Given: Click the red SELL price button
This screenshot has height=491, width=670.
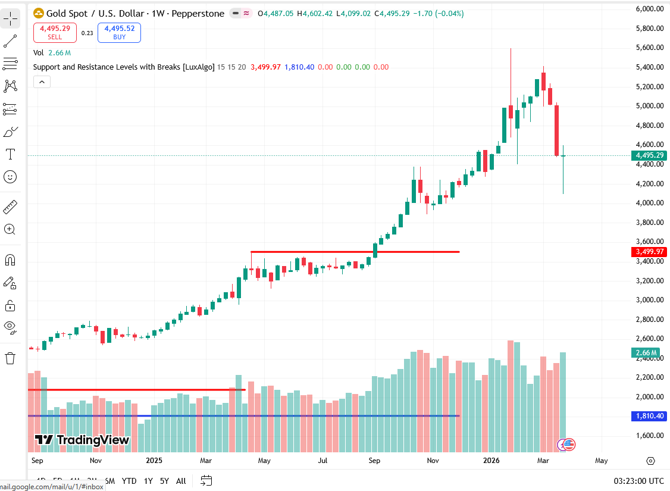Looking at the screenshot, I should pyautogui.click(x=55, y=32).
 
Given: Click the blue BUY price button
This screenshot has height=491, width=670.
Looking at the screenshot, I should pyautogui.click(x=119, y=32).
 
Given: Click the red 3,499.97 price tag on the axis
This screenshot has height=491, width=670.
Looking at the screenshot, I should pyautogui.click(x=649, y=252).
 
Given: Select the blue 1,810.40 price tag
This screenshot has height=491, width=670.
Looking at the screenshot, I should pyautogui.click(x=649, y=416).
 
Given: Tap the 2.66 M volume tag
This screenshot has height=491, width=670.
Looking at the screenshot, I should pyautogui.click(x=646, y=353).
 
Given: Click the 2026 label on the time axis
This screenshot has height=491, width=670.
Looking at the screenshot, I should pyautogui.click(x=491, y=461).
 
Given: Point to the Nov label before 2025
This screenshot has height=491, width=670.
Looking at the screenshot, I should pyautogui.click(x=96, y=461).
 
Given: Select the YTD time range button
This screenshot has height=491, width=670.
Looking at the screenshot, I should pyautogui.click(x=129, y=481).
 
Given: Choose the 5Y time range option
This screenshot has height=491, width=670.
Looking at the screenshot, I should pyautogui.click(x=164, y=481).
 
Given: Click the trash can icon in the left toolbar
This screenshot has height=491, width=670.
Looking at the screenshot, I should pyautogui.click(x=10, y=358).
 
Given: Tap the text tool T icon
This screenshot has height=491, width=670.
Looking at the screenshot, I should pyautogui.click(x=10, y=155).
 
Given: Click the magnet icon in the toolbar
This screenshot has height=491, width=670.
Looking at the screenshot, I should pyautogui.click(x=10, y=260).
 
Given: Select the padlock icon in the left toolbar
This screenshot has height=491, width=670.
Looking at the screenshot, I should pyautogui.click(x=10, y=306).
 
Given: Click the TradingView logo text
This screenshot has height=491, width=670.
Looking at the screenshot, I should pyautogui.click(x=82, y=440).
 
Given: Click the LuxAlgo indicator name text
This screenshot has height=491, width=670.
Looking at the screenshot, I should pyautogui.click(x=124, y=67).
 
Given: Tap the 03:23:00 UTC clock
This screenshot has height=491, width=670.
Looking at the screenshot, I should pyautogui.click(x=638, y=481).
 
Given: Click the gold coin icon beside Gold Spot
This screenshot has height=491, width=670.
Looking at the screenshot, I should pyautogui.click(x=39, y=13).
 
